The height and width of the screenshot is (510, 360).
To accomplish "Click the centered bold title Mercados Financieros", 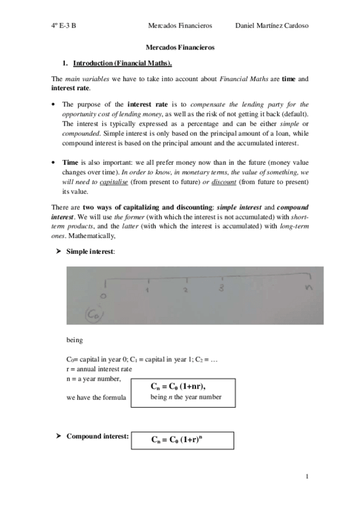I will click(180, 46).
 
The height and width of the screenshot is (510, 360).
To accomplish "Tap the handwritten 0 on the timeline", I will click(105, 296).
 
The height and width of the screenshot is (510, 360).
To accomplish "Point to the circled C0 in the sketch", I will click(94, 314).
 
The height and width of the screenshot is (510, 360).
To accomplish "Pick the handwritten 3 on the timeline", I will click(222, 289).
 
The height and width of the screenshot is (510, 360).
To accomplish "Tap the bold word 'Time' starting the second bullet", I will click(70, 162).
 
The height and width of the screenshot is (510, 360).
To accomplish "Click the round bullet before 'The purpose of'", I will click(55, 103).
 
